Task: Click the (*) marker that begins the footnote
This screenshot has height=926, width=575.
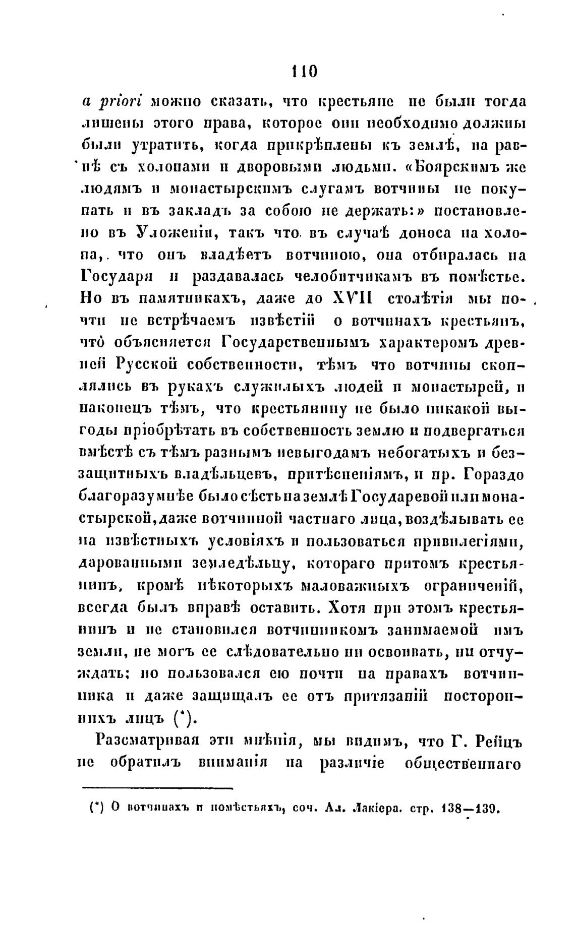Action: pyautogui.click(x=96, y=810)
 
